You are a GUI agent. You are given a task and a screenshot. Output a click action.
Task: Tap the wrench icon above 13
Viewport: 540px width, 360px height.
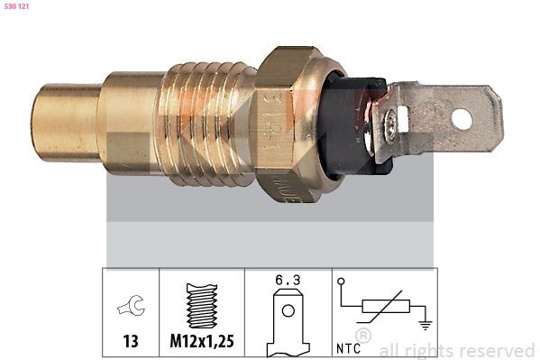pyautogui.click(x=130, y=308)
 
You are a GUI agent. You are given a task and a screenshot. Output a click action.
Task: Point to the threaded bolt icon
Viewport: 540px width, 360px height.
pyautogui.click(x=202, y=306)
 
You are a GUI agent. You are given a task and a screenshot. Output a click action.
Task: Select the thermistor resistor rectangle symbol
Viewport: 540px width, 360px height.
pyautogui.click(x=382, y=309)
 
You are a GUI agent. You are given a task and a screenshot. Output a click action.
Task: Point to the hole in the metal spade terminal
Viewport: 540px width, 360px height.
pyautogui.click(x=462, y=118)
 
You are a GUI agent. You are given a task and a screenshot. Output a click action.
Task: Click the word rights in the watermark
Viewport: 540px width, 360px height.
pyautogui.click(x=426, y=350)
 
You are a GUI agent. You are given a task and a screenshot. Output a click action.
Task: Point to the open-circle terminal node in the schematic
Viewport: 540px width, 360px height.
pyautogui.click(x=342, y=282)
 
